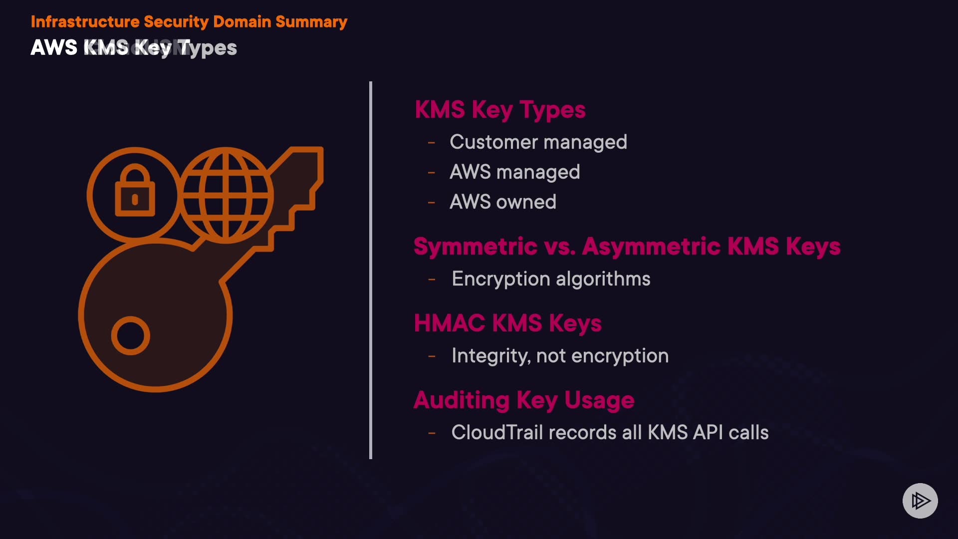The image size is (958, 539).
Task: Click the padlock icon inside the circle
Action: click(135, 192)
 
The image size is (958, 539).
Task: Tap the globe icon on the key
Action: click(226, 195)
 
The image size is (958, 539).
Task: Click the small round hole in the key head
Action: click(131, 335)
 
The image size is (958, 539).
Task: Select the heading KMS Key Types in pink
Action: click(500, 110)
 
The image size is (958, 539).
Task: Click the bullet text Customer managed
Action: click(538, 142)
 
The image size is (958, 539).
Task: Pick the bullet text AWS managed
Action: click(514, 172)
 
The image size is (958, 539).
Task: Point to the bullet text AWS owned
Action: click(502, 202)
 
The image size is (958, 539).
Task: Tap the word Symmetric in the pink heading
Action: click(475, 247)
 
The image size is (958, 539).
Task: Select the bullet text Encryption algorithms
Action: click(551, 279)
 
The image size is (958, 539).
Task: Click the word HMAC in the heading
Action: click(449, 323)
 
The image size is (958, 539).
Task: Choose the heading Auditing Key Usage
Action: click(524, 400)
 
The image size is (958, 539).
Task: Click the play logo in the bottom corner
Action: click(920, 501)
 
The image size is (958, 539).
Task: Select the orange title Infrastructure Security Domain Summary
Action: click(189, 22)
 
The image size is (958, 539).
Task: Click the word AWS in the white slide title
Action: click(54, 48)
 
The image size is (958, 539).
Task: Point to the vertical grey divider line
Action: click(371, 269)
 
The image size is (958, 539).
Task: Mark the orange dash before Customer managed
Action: click(432, 143)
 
